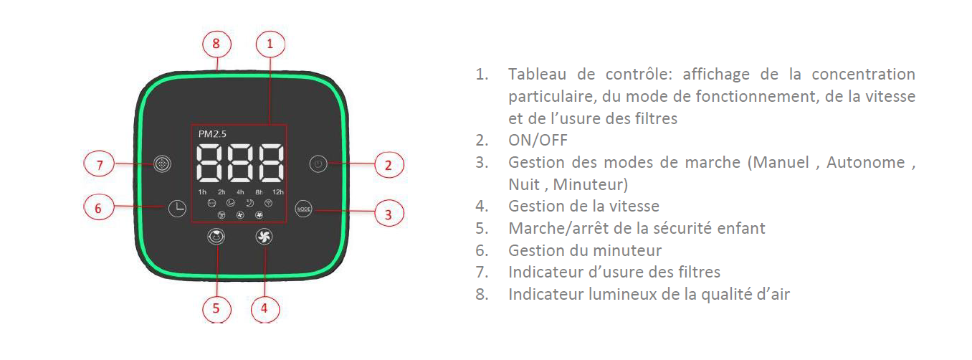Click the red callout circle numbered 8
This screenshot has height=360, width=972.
pos(216,44)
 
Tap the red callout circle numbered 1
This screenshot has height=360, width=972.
pos(270,44)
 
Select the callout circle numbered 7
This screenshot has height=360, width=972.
pos(100,164)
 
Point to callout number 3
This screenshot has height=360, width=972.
pos(389,214)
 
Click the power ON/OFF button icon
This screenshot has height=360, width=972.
pos(318,164)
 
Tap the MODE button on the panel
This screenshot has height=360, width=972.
pos(304,209)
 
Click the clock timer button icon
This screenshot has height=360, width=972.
pos(177,209)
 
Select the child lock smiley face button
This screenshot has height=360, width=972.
pos(216,237)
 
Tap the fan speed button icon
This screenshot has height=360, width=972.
pos(264,237)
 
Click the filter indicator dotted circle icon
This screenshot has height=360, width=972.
pos(162,164)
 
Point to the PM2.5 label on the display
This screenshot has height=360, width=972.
pos(212,134)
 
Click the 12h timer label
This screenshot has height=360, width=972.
pos(277,192)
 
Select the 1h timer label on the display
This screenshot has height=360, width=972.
pos(202,192)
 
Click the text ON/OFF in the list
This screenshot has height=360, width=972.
pos(538,141)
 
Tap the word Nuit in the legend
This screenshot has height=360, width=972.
pos(524,184)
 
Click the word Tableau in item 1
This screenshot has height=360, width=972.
pos(537,75)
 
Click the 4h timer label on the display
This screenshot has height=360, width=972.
pos(240,192)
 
